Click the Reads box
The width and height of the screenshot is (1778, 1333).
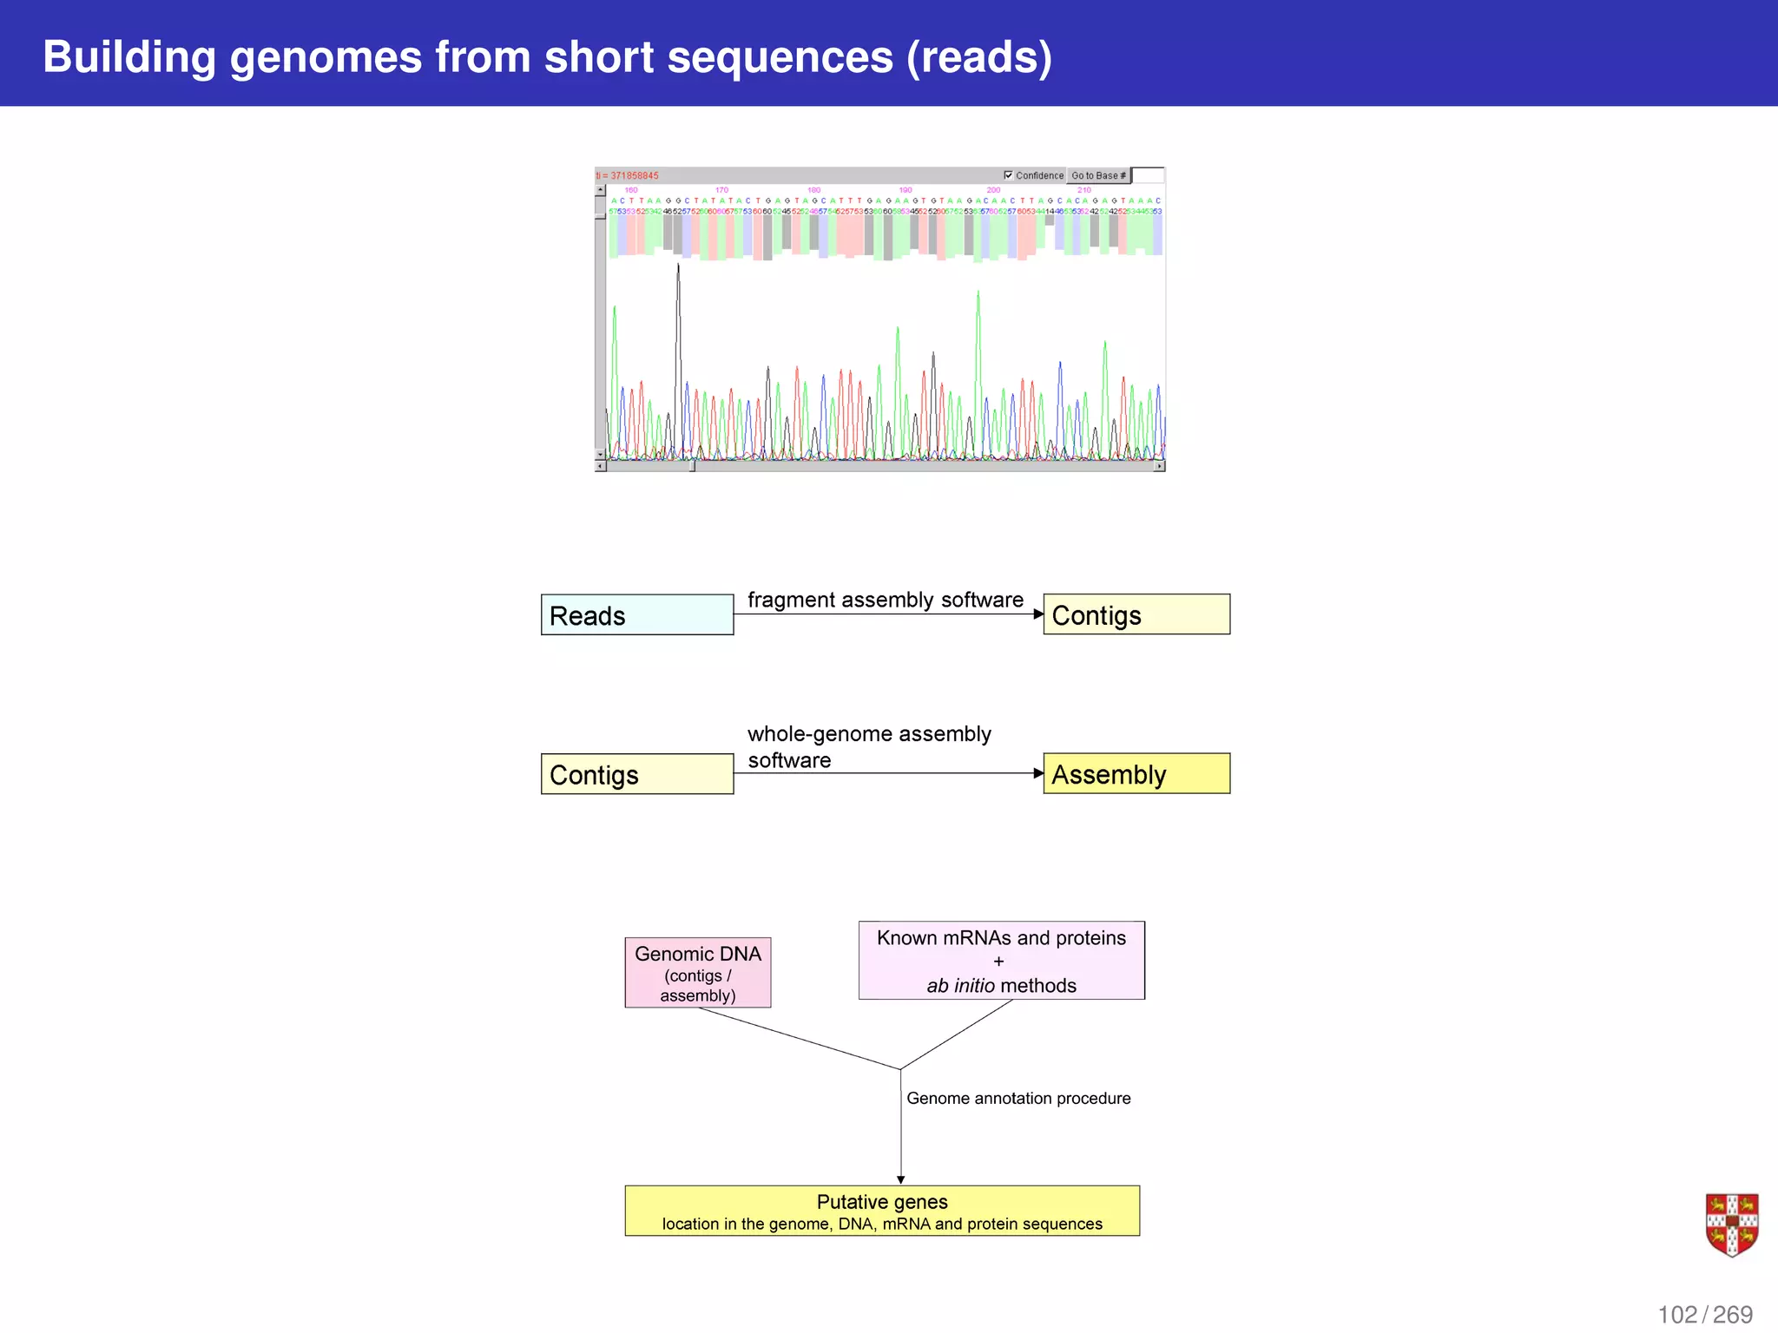coord(636,614)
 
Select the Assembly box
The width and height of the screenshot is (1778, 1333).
coord(1136,773)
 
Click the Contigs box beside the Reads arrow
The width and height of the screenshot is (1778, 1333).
coord(1136,614)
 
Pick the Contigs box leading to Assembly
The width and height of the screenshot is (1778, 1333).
coord(636,774)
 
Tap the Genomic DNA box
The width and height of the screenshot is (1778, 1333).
coord(697,973)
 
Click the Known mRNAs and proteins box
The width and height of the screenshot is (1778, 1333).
coord(1001,960)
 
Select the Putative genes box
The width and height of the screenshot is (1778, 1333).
coord(881,1211)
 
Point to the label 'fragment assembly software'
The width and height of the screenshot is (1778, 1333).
coord(885,600)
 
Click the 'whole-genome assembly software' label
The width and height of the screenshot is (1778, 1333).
coord(868,746)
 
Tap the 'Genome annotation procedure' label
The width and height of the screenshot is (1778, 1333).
coord(1017,1098)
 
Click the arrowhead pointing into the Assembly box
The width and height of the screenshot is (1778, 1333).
coord(1038,773)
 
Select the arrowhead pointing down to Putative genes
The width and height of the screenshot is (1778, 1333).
coord(900,1179)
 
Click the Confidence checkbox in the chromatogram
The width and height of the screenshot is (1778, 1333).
coord(1008,175)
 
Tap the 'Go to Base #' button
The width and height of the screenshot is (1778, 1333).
coord(1098,175)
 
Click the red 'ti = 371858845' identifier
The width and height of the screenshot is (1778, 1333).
coord(628,175)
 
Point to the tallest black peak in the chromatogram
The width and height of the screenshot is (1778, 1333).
coord(678,269)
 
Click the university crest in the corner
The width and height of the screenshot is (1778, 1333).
coord(1731,1225)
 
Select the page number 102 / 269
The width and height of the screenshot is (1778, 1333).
coord(1704,1314)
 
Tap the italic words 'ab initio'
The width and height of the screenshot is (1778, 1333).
coord(959,986)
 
